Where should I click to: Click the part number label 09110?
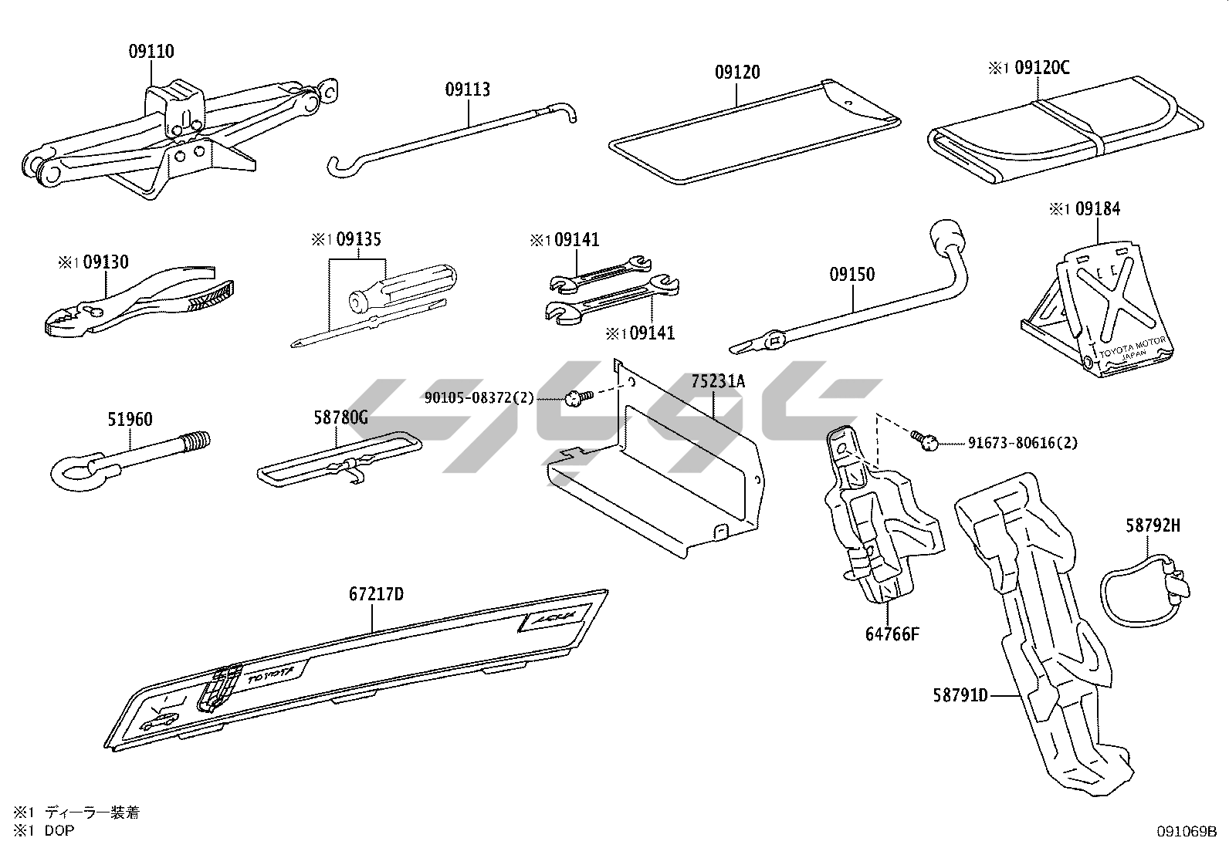pyautogui.click(x=151, y=52)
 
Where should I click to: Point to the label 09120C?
pyautogui.click(x=1041, y=68)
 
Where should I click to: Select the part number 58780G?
pyautogui.click(x=340, y=417)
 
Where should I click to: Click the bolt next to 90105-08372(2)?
pyautogui.click(x=574, y=398)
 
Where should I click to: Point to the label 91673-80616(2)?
pyautogui.click(x=1023, y=443)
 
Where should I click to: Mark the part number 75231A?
pyautogui.click(x=719, y=381)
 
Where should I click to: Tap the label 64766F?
pyautogui.click(x=892, y=634)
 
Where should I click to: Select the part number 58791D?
pyautogui.click(x=960, y=695)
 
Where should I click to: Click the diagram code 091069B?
pyautogui.click(x=1186, y=831)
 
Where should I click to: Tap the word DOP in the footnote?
pyautogui.click(x=59, y=830)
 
